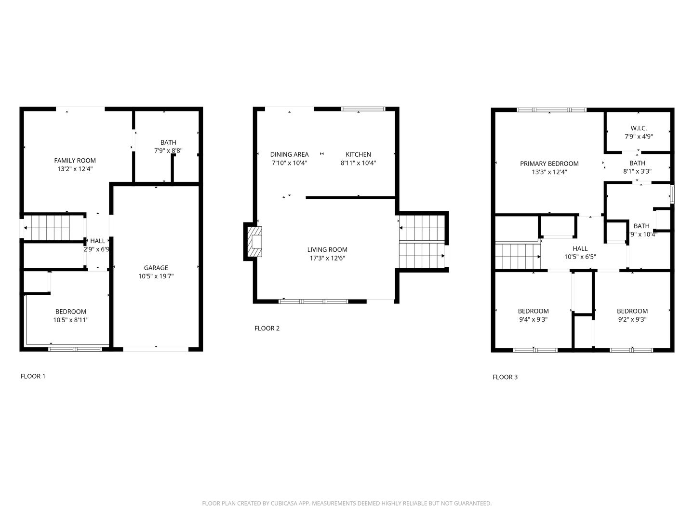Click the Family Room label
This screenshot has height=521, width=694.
[75, 161]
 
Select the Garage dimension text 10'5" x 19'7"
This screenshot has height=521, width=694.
[156, 276]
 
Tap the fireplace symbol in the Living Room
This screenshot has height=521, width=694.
[254, 241]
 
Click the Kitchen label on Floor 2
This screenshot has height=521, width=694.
[358, 154]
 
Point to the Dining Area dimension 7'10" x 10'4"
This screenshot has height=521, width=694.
[289, 163]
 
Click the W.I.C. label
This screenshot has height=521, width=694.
[639, 128]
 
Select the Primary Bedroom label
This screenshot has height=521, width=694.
[549, 164]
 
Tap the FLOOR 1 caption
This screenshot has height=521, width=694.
[33, 376]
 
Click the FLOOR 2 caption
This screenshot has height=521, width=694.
[267, 329]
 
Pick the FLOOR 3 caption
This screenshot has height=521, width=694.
[505, 377]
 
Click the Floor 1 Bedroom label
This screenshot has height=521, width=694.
[70, 312]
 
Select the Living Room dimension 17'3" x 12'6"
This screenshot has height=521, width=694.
[327, 258]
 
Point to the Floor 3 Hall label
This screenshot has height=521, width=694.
[580, 248]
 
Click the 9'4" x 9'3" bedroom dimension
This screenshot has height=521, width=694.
[533, 319]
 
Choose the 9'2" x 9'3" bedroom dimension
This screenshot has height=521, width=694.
[632, 319]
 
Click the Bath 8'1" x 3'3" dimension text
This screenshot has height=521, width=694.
[637, 171]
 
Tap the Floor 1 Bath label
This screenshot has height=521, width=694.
[168, 142]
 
